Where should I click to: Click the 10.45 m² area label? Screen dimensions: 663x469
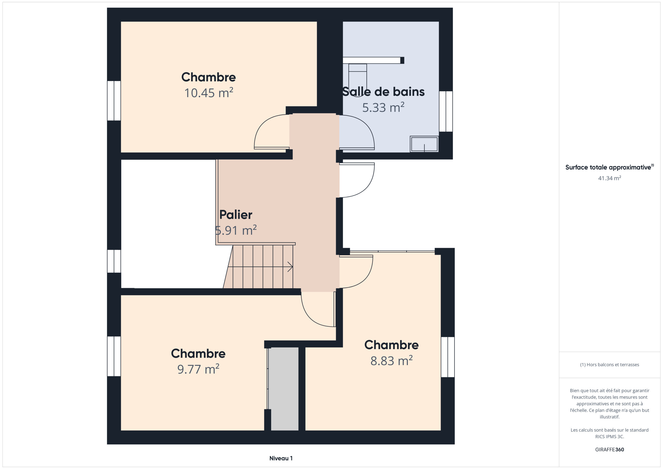(208, 93)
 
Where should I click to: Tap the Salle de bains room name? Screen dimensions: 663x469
(383, 92)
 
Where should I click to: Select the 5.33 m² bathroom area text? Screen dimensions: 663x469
(383, 107)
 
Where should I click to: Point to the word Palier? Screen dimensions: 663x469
(236, 215)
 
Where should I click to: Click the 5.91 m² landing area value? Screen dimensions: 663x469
(236, 230)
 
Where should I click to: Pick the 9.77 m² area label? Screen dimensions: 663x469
(198, 369)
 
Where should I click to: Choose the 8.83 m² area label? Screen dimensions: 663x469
(391, 361)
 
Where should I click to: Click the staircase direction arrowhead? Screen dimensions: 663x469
(291, 267)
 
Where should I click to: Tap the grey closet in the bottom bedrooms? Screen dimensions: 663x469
(284, 389)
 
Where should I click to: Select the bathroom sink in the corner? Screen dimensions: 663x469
(424, 144)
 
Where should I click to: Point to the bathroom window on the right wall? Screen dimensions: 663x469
(446, 111)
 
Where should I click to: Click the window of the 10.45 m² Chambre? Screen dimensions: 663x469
(114, 101)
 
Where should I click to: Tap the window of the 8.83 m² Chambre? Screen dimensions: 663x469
(448, 357)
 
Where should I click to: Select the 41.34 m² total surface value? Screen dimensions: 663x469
(609, 178)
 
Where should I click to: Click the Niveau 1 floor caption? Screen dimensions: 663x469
(281, 458)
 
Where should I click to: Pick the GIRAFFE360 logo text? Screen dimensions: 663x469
(609, 450)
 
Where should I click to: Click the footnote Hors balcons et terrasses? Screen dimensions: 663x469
(609, 365)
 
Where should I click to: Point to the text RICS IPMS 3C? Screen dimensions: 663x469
(609, 437)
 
